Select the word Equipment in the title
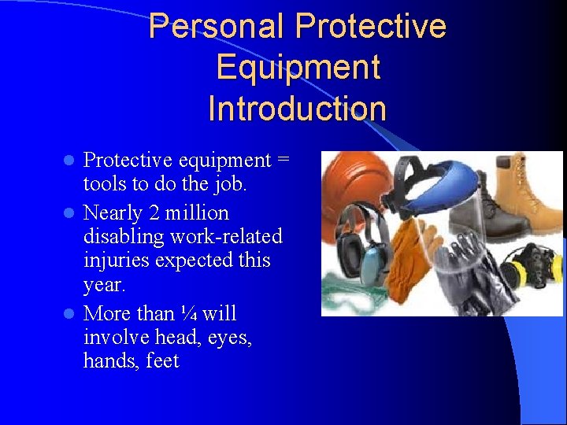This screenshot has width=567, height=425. pyautogui.click(x=298, y=67)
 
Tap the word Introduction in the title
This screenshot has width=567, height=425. pyautogui.click(x=298, y=108)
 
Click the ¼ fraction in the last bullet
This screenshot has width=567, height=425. pyautogui.click(x=189, y=314)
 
